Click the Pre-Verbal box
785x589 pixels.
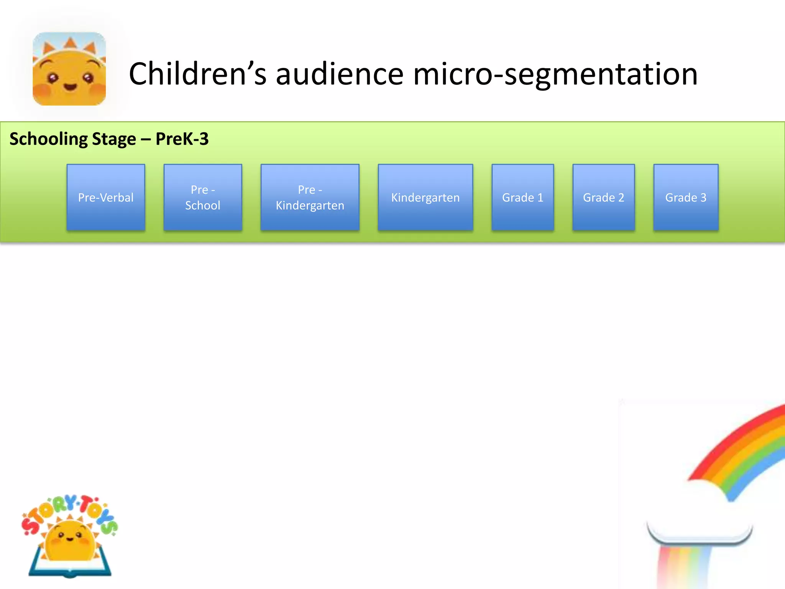106,197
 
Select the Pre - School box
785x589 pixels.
203,197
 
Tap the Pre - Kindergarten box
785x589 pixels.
310,197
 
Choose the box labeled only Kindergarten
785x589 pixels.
425,197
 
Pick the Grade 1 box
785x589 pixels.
522,197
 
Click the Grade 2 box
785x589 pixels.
603,197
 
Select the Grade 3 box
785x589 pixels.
685,197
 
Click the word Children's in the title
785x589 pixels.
197,74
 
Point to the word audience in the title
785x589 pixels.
340,74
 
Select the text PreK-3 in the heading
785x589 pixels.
182,139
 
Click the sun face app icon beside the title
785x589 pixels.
69,69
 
